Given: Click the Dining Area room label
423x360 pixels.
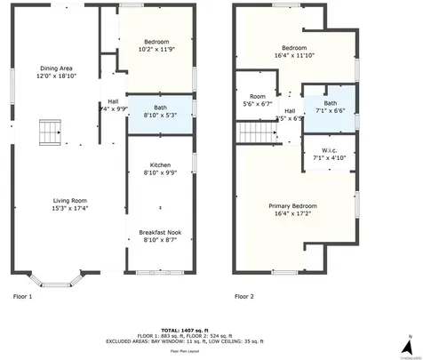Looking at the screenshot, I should pyautogui.click(x=55, y=68).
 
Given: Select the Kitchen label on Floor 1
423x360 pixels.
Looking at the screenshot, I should pyautogui.click(x=160, y=165).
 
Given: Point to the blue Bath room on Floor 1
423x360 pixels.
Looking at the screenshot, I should pyautogui.click(x=160, y=115).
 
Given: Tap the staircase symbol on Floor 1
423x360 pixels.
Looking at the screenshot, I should pyautogui.click(x=47, y=132).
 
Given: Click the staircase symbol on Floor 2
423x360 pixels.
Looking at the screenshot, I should pyautogui.click(x=252, y=132).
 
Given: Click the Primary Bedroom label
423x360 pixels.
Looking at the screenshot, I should pyautogui.click(x=293, y=205).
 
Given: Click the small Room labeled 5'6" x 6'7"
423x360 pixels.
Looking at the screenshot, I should pyautogui.click(x=258, y=100).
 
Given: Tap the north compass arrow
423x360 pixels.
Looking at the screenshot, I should pyautogui.click(x=406, y=343).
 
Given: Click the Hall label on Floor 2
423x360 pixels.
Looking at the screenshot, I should pyautogui.click(x=290, y=110).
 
